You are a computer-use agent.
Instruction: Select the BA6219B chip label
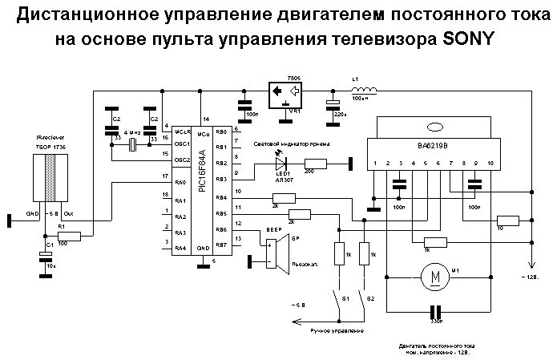pyautogui.click(x=434, y=147)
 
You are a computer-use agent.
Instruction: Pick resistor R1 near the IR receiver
pyautogui.click(x=70, y=237)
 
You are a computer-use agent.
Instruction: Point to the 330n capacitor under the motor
pyautogui.click(x=435, y=313)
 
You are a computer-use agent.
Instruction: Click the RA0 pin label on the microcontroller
pyautogui.click(x=181, y=184)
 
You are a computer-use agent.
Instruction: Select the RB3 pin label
pyautogui.click(x=221, y=180)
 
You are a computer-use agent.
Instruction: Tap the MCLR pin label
pyautogui.click(x=182, y=130)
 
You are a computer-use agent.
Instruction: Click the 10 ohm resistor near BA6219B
pyautogui.click(x=506, y=220)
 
